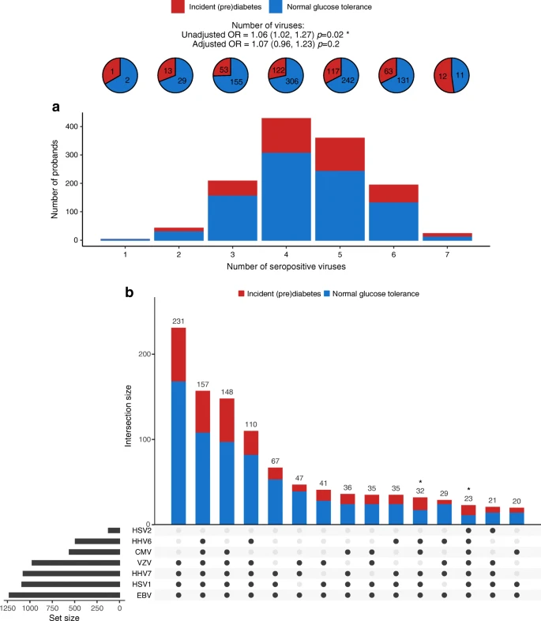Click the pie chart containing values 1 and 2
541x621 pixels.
(119, 75)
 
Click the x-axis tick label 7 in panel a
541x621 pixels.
(446, 257)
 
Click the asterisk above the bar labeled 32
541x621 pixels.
(421, 482)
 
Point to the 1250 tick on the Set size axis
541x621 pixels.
(9, 608)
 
